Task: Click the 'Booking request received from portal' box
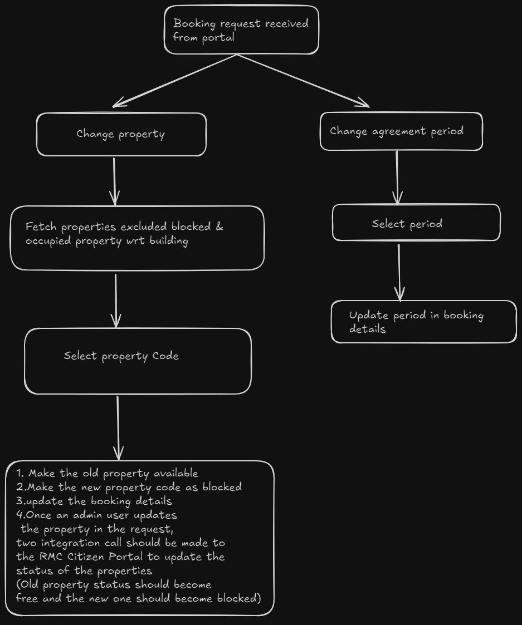coord(241,30)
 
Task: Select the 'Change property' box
coord(121,135)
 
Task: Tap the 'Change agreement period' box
coord(401,132)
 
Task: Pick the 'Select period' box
coord(416,223)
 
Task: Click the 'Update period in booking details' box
coord(423,322)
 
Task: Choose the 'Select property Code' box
coord(138,361)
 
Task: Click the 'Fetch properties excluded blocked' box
coord(137,238)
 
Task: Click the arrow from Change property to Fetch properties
coord(114,181)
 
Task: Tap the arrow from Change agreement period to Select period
coord(397,177)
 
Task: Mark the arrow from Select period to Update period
coord(399,272)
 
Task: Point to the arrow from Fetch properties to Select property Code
coord(116,299)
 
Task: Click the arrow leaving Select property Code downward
coord(118,427)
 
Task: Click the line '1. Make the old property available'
coord(108,474)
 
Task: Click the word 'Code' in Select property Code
coord(165,356)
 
